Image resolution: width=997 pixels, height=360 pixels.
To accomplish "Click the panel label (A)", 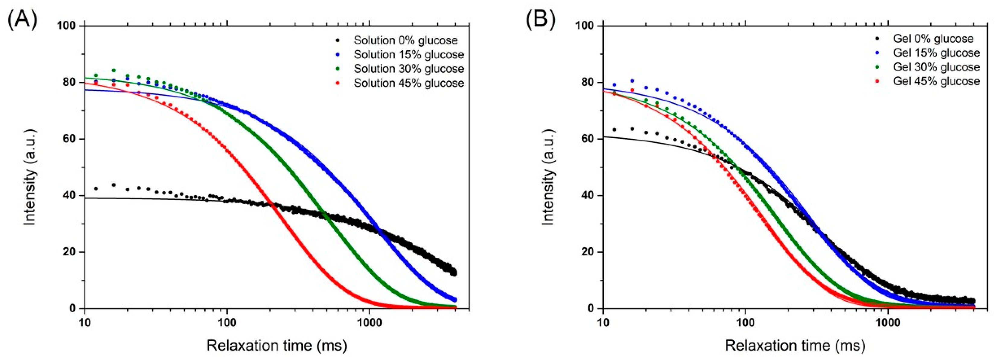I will (22, 19).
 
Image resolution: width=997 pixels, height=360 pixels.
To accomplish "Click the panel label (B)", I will (541, 19).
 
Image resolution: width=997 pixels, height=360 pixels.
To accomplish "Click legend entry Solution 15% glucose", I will (408, 55).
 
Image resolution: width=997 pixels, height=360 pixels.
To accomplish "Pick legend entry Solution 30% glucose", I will (408, 68).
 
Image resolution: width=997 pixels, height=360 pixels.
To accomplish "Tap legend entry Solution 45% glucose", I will (408, 83).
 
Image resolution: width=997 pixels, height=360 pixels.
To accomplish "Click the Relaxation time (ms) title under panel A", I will (276, 345).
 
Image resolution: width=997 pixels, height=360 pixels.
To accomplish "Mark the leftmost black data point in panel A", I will (96, 189).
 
